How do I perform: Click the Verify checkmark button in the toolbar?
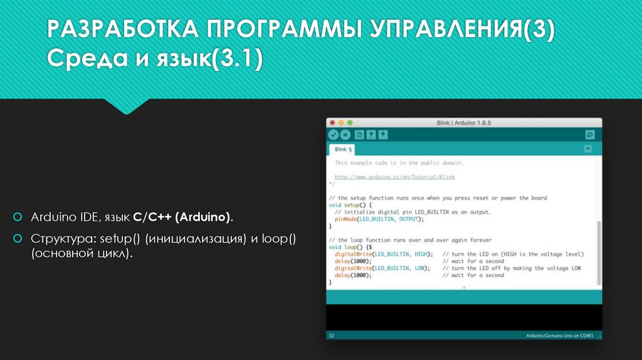334,135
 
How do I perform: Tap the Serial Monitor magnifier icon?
589,135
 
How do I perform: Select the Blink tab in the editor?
343,150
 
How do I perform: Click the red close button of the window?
332,122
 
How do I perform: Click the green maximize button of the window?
350,122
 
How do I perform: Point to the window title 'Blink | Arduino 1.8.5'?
464,122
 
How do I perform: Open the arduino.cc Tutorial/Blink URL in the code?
394,177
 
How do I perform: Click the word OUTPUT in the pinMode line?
411,220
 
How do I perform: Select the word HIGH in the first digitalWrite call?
422,254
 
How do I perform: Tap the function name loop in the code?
350,247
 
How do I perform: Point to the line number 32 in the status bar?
332,336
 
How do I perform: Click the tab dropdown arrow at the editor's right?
587,149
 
